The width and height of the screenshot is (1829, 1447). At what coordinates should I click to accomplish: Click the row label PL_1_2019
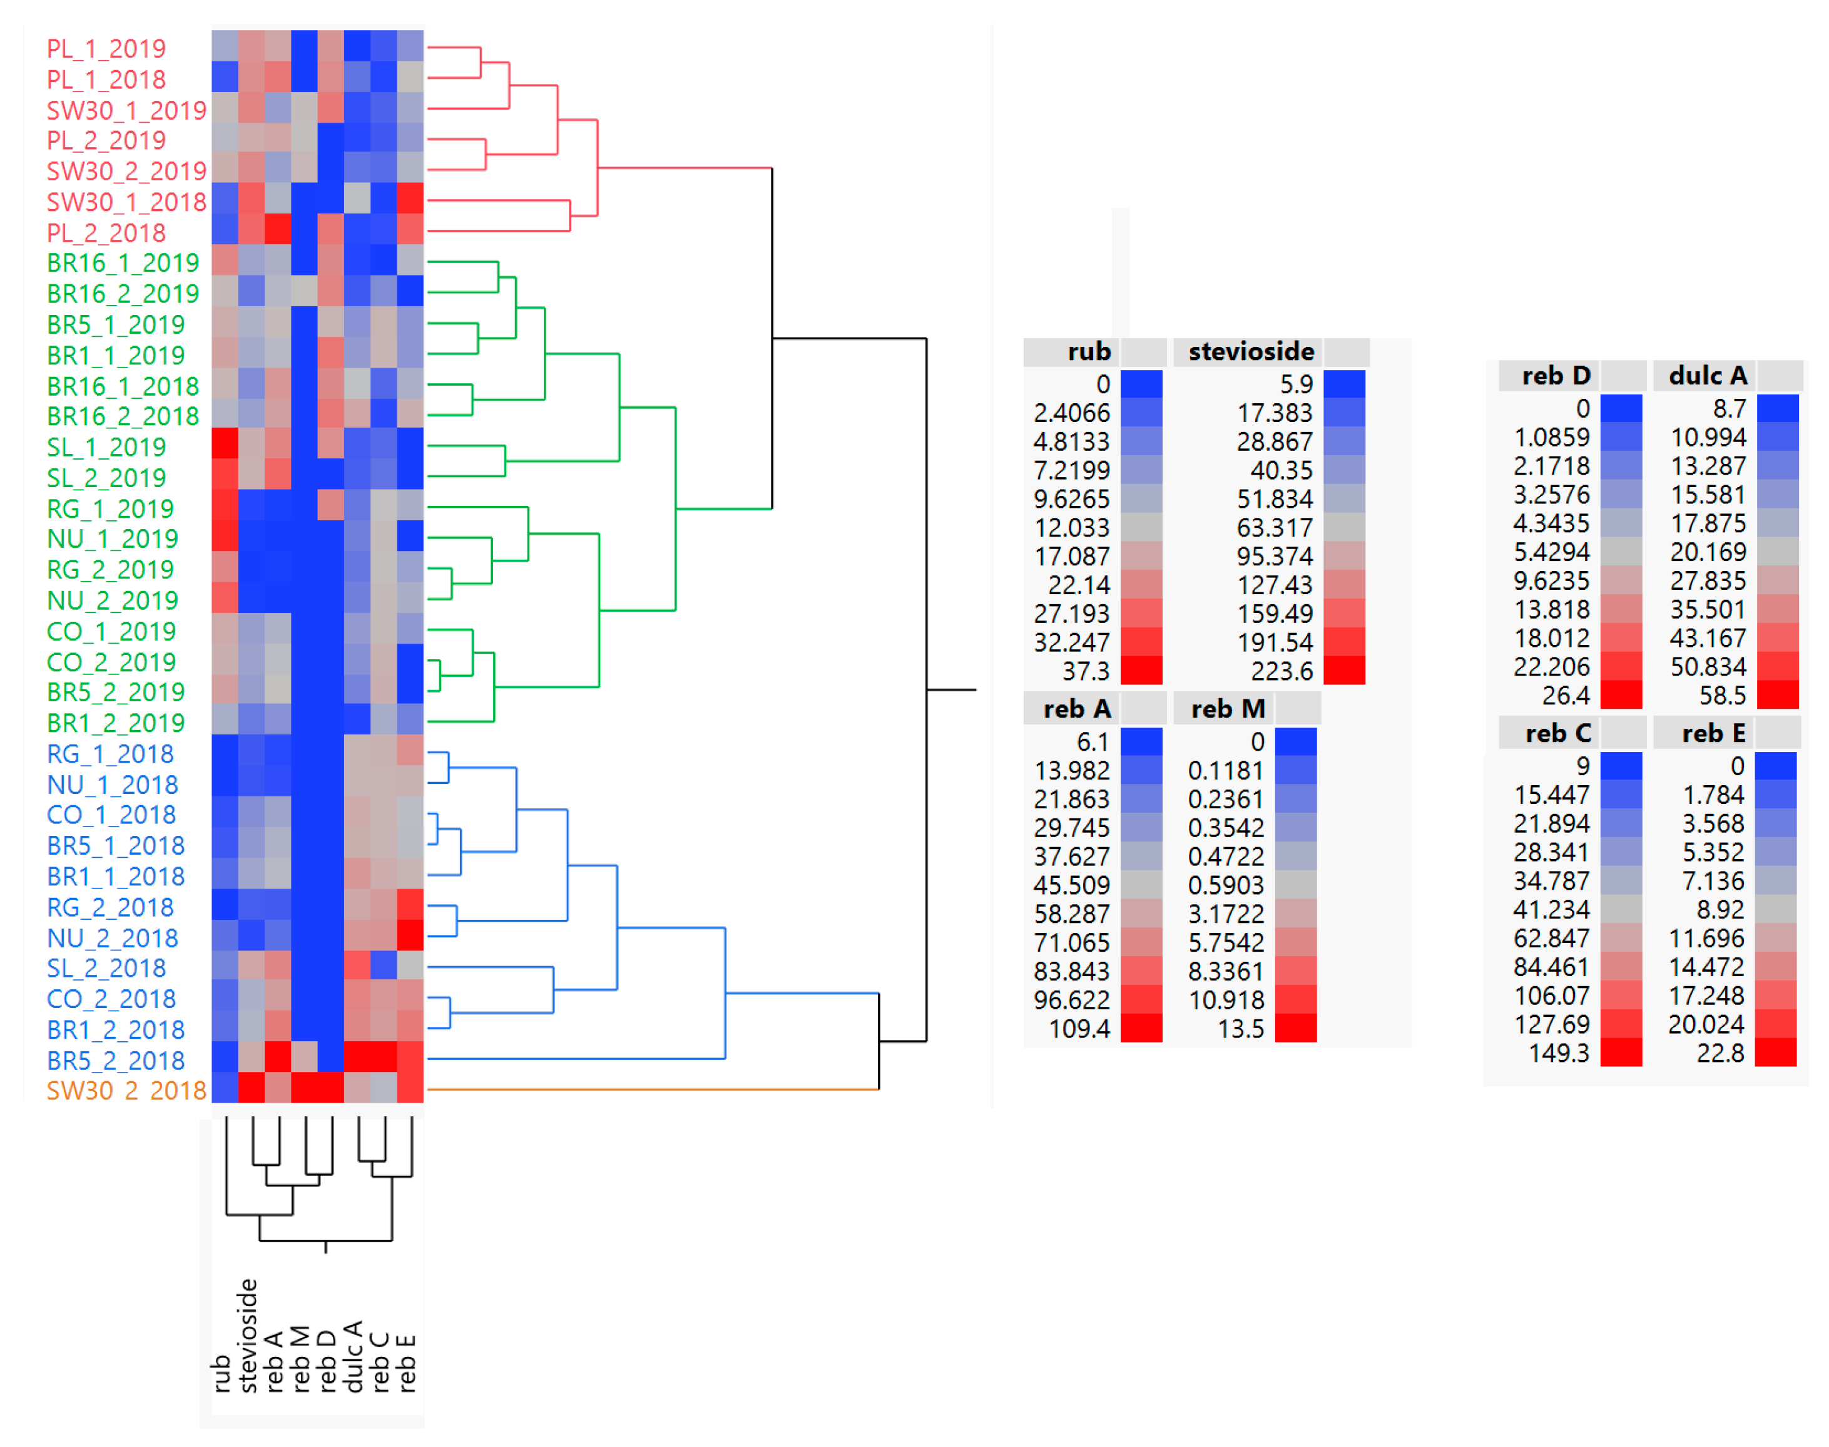click(x=106, y=49)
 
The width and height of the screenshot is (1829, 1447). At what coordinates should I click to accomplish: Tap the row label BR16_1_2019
click(x=123, y=264)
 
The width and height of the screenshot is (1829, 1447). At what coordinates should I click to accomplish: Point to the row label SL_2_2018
click(x=106, y=969)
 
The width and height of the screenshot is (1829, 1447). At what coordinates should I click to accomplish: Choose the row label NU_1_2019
click(x=113, y=539)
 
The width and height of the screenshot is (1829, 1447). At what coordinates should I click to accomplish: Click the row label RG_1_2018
click(x=110, y=754)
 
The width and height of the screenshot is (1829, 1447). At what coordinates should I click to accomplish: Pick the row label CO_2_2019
click(x=112, y=662)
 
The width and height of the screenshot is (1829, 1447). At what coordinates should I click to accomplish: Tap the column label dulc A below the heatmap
click(x=354, y=1356)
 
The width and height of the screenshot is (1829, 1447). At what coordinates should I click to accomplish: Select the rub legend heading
click(x=1089, y=352)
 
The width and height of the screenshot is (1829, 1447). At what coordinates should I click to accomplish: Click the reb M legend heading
click(x=1228, y=709)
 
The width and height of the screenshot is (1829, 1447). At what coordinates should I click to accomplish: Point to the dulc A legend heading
click(x=1708, y=375)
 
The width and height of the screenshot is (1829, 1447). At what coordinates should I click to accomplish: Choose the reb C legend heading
click(x=1558, y=734)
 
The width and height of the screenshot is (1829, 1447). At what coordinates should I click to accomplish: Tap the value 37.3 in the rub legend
click(x=1086, y=672)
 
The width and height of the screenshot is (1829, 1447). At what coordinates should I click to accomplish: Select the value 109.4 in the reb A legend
click(x=1079, y=1029)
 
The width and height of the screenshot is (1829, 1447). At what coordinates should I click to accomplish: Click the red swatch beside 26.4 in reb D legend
click(x=1621, y=696)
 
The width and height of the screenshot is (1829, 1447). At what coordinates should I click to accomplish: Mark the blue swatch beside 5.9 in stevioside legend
click(x=1345, y=384)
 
